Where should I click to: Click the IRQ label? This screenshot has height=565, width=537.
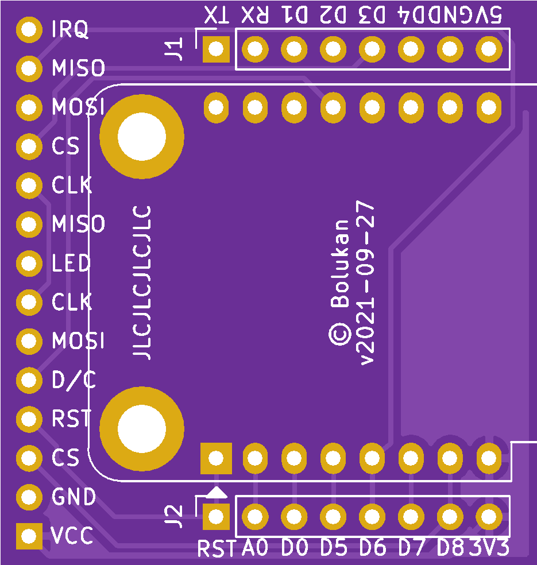click(70, 30)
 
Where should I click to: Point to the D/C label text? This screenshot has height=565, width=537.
click(74, 380)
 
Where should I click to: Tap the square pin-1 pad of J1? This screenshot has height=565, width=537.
click(216, 49)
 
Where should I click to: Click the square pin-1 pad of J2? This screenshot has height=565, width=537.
click(216, 517)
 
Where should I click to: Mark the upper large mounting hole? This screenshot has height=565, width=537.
click(141, 137)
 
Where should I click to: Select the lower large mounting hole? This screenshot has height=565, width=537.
click(141, 428)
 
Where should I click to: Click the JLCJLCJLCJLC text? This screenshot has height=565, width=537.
click(142, 282)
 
